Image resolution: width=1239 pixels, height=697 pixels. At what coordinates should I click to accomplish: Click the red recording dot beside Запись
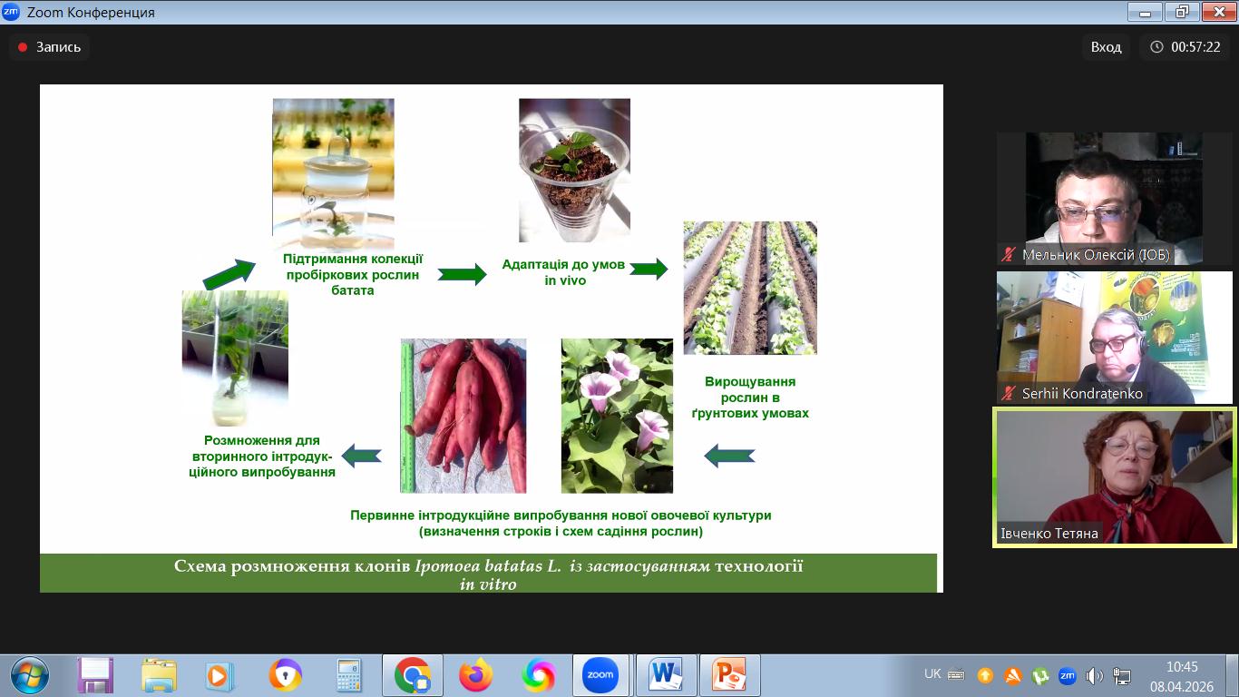23,47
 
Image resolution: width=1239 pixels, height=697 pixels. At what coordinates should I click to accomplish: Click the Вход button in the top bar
1106,47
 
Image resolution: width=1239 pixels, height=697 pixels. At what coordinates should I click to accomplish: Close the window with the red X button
1219,12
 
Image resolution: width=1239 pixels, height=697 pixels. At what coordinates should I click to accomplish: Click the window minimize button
1145,12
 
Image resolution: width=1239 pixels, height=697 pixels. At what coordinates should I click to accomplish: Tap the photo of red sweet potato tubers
463,416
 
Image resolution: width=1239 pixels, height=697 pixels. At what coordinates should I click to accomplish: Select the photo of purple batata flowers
618,416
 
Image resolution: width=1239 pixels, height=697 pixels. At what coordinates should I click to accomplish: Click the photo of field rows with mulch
750,288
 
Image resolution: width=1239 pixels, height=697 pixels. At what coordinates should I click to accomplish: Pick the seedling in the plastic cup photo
575,170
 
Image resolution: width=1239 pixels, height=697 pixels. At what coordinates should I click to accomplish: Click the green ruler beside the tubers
407,417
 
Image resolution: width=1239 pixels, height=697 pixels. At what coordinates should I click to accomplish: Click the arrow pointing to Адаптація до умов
462,274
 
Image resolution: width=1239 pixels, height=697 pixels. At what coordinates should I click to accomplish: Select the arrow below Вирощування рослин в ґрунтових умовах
729,456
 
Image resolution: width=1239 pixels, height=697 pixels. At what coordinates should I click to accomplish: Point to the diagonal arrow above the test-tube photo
229,274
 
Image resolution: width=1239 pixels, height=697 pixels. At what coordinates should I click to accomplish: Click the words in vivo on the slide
565,280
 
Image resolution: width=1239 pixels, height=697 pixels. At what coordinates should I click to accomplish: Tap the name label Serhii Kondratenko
1082,394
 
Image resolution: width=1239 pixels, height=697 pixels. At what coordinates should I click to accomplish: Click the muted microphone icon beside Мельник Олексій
1009,255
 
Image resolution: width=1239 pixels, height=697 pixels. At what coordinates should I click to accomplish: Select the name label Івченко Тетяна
1049,533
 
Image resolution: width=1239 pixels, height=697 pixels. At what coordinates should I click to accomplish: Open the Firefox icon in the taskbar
475,675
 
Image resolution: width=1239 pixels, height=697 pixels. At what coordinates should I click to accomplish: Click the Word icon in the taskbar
666,675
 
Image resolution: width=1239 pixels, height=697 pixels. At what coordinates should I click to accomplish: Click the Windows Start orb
30,675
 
